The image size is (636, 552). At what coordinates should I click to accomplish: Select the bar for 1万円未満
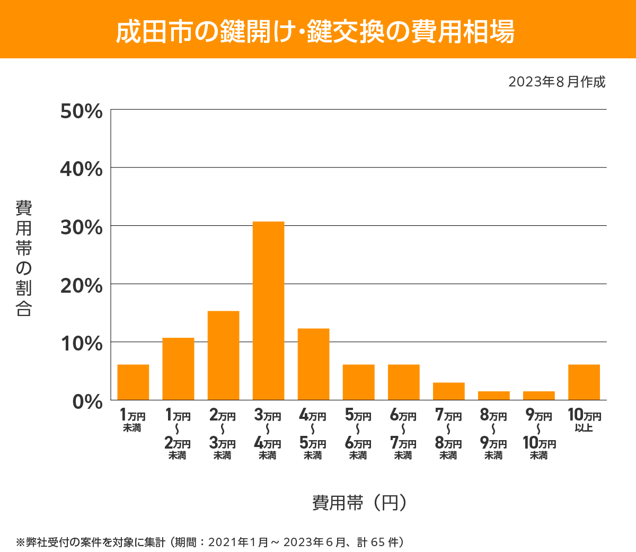tap(133, 382)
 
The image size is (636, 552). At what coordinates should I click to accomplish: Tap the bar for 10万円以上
tap(584, 382)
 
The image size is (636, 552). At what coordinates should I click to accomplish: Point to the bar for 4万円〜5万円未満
tap(313, 364)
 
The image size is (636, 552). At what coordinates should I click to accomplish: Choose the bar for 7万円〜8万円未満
tap(448, 391)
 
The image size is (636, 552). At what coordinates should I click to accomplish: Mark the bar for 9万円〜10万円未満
tap(538, 396)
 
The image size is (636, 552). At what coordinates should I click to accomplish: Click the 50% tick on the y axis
tap(82, 112)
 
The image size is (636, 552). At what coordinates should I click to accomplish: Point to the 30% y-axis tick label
tap(82, 227)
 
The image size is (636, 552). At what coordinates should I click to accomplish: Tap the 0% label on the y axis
tap(87, 401)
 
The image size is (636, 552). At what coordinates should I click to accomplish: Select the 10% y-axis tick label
tap(82, 344)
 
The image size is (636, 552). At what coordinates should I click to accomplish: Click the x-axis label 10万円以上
tap(584, 420)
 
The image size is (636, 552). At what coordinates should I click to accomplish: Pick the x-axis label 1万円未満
tap(132, 420)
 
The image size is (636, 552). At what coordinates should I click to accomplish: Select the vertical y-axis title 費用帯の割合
tap(24, 258)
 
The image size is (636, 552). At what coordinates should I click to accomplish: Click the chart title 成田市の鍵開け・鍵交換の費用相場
tap(315, 31)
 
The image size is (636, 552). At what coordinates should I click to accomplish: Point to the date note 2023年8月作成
tap(556, 82)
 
